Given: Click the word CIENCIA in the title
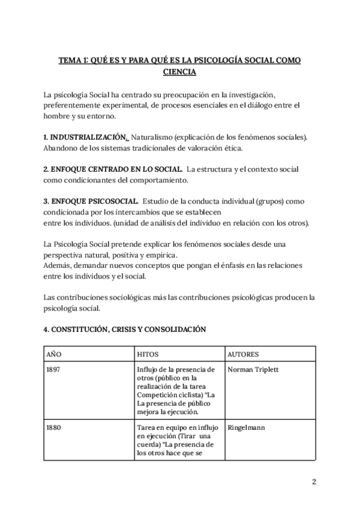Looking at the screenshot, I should click(x=179, y=72).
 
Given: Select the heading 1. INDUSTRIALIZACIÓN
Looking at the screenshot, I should click(x=85, y=137).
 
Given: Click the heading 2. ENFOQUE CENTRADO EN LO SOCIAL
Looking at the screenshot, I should click(x=113, y=170).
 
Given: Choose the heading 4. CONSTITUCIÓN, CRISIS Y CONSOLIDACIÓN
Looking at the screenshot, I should click(x=124, y=329).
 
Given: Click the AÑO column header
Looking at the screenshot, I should click(x=54, y=354).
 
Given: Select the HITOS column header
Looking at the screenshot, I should click(x=148, y=354).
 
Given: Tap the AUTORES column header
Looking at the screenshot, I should click(x=243, y=354).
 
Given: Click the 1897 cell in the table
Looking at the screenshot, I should click(x=53, y=370).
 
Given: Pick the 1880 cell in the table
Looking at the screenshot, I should click(x=53, y=428).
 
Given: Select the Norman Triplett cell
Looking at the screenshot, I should click(x=253, y=370).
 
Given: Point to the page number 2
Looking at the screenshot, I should click(x=314, y=481).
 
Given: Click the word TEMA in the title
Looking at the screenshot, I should click(x=71, y=61).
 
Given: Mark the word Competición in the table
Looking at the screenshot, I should click(x=158, y=396).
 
